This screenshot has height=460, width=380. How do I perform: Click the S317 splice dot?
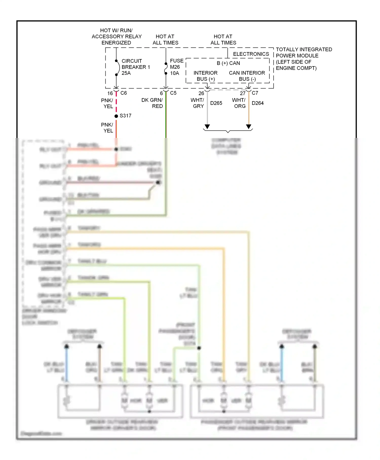tap(116, 116)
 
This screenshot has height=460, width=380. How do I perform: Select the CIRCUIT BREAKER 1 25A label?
tap(136, 67)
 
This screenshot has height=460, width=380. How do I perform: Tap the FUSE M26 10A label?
tap(176, 67)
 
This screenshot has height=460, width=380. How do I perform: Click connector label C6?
tap(124, 93)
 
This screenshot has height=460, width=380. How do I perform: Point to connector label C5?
tap(173, 93)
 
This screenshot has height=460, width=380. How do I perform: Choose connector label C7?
tap(255, 93)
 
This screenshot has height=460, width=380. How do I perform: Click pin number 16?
tap(110, 93)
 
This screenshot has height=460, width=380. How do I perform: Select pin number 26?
tap(201, 93)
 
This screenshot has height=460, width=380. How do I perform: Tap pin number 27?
tap(243, 93)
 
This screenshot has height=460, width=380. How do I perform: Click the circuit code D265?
tap(216, 103)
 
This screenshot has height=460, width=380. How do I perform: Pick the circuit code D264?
tap(258, 103)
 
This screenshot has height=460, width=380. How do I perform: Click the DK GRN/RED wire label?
tap(152, 103)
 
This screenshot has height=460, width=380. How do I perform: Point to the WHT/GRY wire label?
tap(198, 103)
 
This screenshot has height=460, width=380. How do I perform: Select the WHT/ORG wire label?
tap(239, 103)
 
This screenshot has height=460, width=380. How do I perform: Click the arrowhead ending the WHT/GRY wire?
tap(207, 127)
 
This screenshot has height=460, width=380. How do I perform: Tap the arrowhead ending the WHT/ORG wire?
tap(249, 127)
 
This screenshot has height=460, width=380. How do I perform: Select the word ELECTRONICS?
tap(251, 54)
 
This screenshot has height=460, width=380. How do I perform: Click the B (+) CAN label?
tap(228, 63)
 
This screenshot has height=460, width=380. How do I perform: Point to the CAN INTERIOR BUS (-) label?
tap(247, 76)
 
